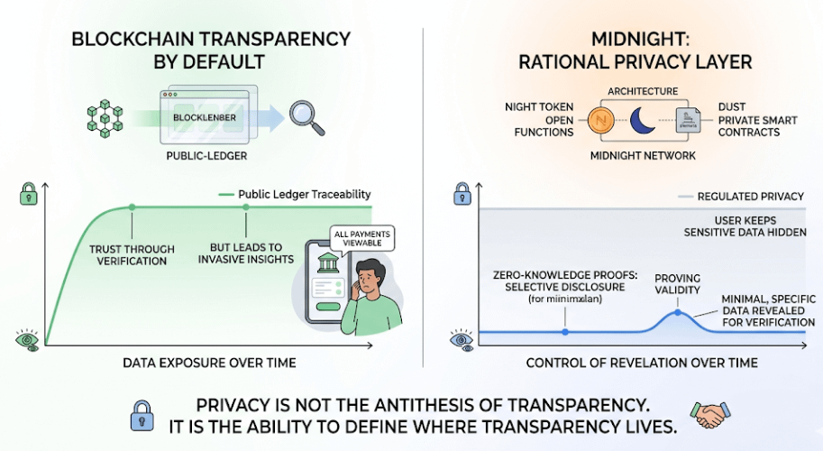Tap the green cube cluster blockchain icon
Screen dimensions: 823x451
coord(104,117)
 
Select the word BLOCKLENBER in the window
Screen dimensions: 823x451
coord(207,116)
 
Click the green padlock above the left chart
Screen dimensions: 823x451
coord(27,192)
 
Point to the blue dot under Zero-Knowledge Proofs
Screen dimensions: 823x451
coord(565,332)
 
